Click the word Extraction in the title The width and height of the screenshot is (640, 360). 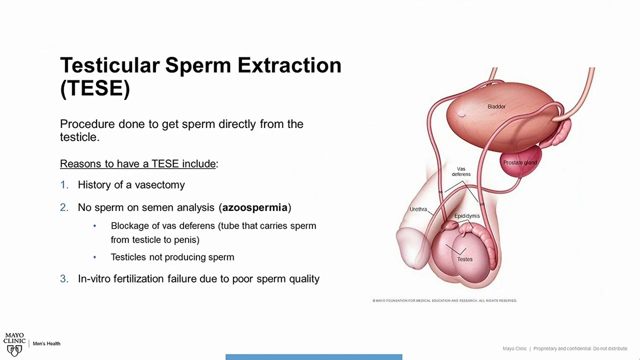[289, 65]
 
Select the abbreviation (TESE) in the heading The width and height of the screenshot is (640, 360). [95, 88]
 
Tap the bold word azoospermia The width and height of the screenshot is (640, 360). [255, 207]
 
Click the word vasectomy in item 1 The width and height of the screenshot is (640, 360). [159, 185]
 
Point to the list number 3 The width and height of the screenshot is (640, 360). [64, 279]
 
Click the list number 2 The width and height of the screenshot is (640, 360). [64, 207]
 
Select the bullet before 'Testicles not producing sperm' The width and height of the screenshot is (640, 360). [94, 257]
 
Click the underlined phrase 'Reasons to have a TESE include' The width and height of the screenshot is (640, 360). [138, 164]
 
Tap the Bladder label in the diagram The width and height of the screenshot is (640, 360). [496, 106]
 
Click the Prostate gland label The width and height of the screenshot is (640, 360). [520, 162]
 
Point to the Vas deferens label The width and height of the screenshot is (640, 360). [461, 171]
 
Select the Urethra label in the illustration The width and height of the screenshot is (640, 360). [418, 209]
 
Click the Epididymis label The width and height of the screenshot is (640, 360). [467, 216]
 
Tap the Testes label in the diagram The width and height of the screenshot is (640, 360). [464, 259]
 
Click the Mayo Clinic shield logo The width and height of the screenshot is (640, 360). [14, 349]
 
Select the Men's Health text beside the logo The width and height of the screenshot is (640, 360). [46, 343]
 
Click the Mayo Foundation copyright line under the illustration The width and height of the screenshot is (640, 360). [444, 300]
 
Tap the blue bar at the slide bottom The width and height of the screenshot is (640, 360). [313, 357]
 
